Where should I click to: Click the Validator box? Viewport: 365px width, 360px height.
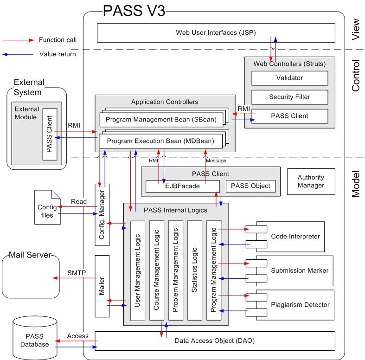(x=289, y=78)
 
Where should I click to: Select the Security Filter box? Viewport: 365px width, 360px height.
(x=289, y=97)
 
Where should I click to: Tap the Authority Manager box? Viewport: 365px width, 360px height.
(x=311, y=181)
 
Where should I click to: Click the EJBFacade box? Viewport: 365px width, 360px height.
(x=182, y=186)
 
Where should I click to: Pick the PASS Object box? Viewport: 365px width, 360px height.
(x=251, y=186)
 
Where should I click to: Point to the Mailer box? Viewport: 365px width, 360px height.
(x=102, y=286)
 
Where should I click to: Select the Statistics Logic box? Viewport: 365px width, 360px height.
(x=195, y=270)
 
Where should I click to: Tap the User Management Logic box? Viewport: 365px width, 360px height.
(x=138, y=270)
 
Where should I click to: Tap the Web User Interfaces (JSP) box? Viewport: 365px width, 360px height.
(x=216, y=33)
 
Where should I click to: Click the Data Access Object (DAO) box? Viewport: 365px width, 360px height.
(x=215, y=341)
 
